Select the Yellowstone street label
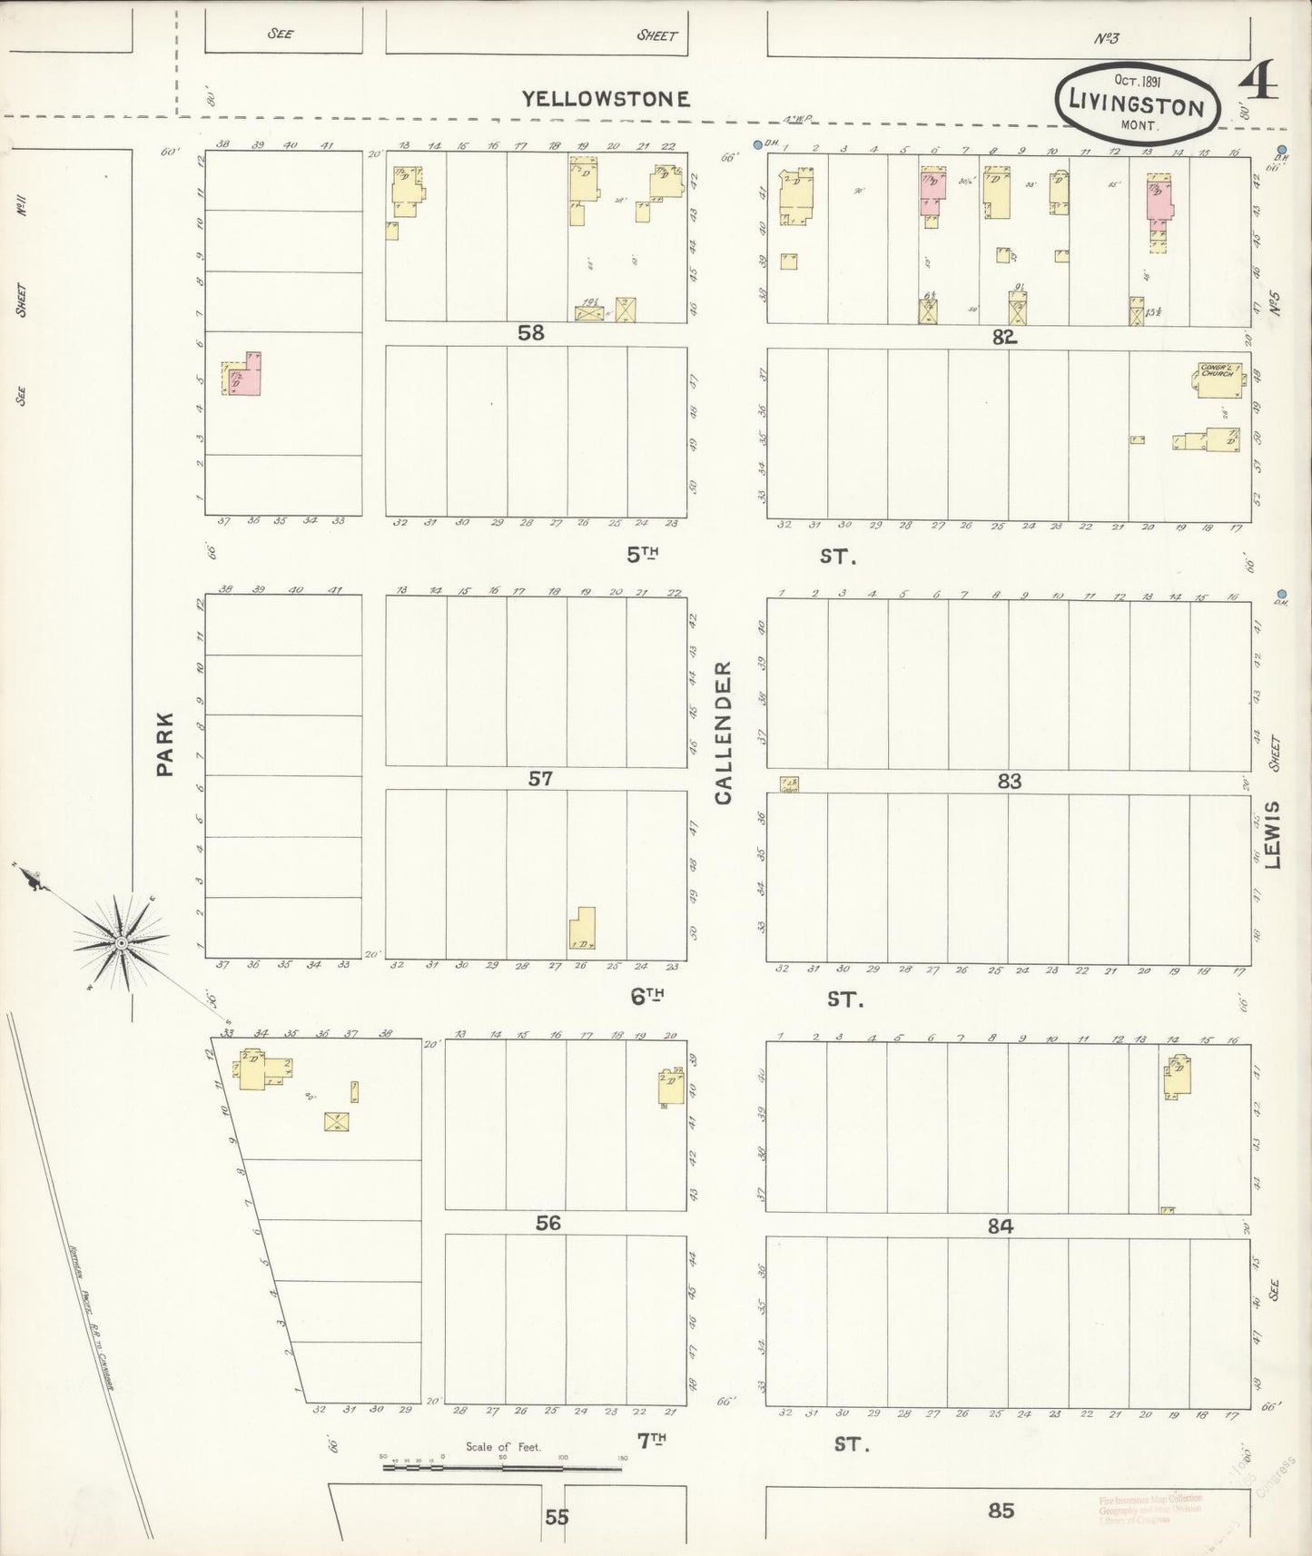point(606,99)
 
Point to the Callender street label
point(724,733)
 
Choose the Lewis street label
point(1272,834)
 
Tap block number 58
point(531,333)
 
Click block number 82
point(1003,337)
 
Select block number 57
point(540,778)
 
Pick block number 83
point(1009,781)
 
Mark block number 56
point(547,1223)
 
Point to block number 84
point(1000,1226)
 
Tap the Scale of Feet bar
point(504,1465)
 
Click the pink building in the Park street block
point(242,374)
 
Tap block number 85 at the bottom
point(1001,1511)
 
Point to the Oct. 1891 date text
point(1137,80)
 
